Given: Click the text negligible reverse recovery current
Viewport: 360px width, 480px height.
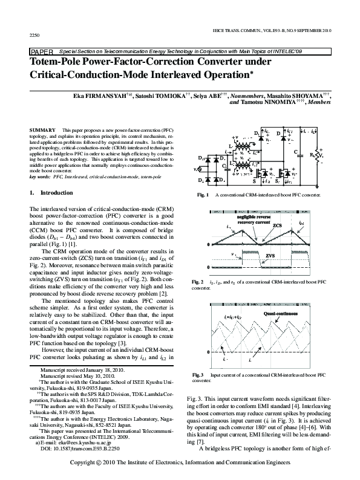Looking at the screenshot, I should [244, 219].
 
